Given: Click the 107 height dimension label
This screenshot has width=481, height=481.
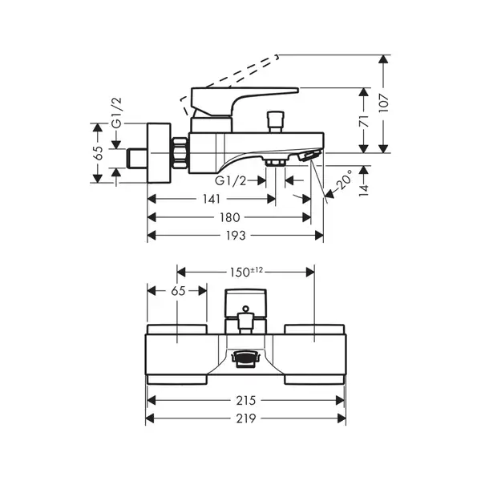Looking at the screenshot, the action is pyautogui.click(x=383, y=103).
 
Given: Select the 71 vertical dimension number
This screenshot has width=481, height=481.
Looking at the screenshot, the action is pyautogui.click(x=364, y=122).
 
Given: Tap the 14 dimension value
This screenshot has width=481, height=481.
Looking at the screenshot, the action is pyautogui.click(x=364, y=190).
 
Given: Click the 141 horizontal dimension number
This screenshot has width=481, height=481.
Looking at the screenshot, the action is pyautogui.click(x=212, y=200).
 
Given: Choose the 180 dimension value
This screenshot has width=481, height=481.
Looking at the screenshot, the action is pyautogui.click(x=229, y=217).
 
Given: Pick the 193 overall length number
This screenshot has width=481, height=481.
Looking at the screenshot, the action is pyautogui.click(x=236, y=236).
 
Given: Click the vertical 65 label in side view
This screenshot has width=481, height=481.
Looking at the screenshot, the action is pyautogui.click(x=99, y=153).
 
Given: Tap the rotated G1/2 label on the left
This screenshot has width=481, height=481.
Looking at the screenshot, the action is pyautogui.click(x=117, y=112).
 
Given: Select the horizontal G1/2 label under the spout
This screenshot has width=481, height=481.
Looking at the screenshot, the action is pyautogui.click(x=231, y=181).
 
